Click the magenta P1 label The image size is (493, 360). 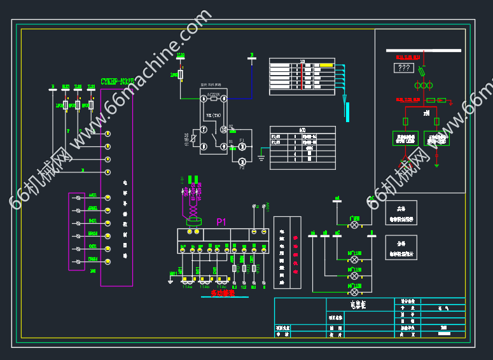tap(221, 222)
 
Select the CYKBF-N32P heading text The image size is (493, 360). tap(117, 81)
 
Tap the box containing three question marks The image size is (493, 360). tap(404, 68)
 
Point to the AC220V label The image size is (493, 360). tap(214, 93)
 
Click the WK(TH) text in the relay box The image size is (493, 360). tap(213, 115)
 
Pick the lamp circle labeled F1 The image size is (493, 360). tap(242, 147)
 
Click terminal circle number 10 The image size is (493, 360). tap(223, 130)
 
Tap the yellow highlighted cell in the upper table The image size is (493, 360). tap(326, 66)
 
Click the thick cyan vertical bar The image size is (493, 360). tap(347, 110)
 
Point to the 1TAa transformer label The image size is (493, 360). tap(188, 287)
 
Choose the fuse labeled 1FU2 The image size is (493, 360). tap(65, 104)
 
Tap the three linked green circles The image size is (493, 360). tap(420, 85)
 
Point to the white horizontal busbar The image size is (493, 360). tap(423, 50)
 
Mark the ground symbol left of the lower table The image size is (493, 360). tap(261, 156)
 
